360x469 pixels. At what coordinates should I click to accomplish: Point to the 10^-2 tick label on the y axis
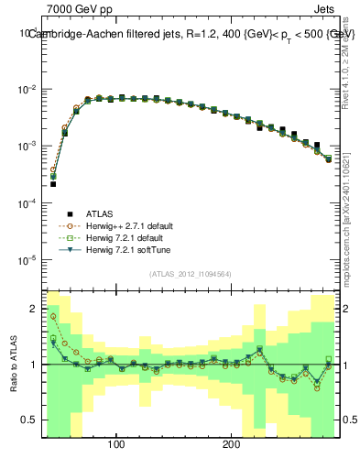[27, 90]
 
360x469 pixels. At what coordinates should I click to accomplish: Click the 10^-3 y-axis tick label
[27, 147]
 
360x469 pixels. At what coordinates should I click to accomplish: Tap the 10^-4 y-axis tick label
[27, 203]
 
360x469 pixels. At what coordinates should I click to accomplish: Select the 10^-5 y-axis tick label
[27, 260]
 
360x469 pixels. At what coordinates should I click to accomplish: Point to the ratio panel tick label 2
[32, 308]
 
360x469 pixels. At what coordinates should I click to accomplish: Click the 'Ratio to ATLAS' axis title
[12, 364]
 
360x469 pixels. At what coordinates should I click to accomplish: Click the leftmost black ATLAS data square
[53, 184]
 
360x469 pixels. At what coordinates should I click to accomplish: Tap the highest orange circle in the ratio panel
[53, 316]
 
